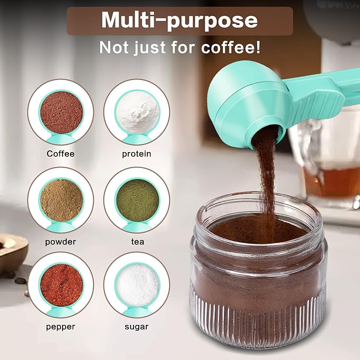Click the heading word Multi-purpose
[179, 20]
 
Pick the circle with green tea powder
[137, 200]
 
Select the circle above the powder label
[61, 200]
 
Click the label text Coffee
[61, 154]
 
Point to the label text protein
[137, 154]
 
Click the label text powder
[61, 242]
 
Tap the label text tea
[137, 242]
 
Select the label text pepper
[61, 327]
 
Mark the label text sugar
[137, 327]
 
